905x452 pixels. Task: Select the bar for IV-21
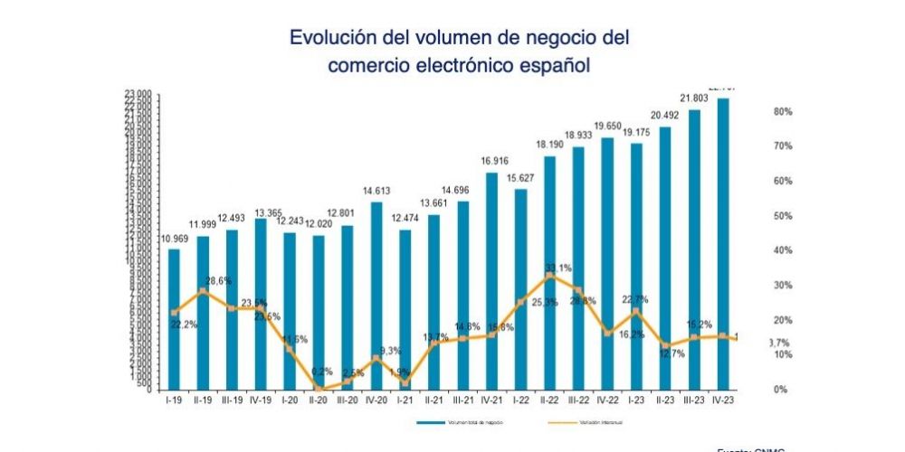click(491, 280)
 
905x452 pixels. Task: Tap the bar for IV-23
click(723, 243)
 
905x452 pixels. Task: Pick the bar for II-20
click(319, 312)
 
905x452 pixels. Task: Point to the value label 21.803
click(694, 98)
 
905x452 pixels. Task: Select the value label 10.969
click(174, 238)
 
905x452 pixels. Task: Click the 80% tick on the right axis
click(758, 111)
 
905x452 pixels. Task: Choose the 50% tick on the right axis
click(758, 216)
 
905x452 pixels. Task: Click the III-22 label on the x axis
click(578, 400)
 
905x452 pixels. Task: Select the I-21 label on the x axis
click(405, 400)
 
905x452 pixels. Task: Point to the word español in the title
click(549, 66)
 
